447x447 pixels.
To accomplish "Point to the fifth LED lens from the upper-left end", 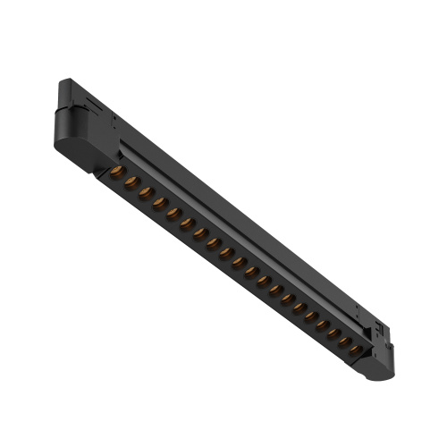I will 174,214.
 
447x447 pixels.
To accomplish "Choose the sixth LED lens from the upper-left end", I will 188,223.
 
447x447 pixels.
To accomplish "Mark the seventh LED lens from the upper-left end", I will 201,233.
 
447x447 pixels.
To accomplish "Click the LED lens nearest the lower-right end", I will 357,349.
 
